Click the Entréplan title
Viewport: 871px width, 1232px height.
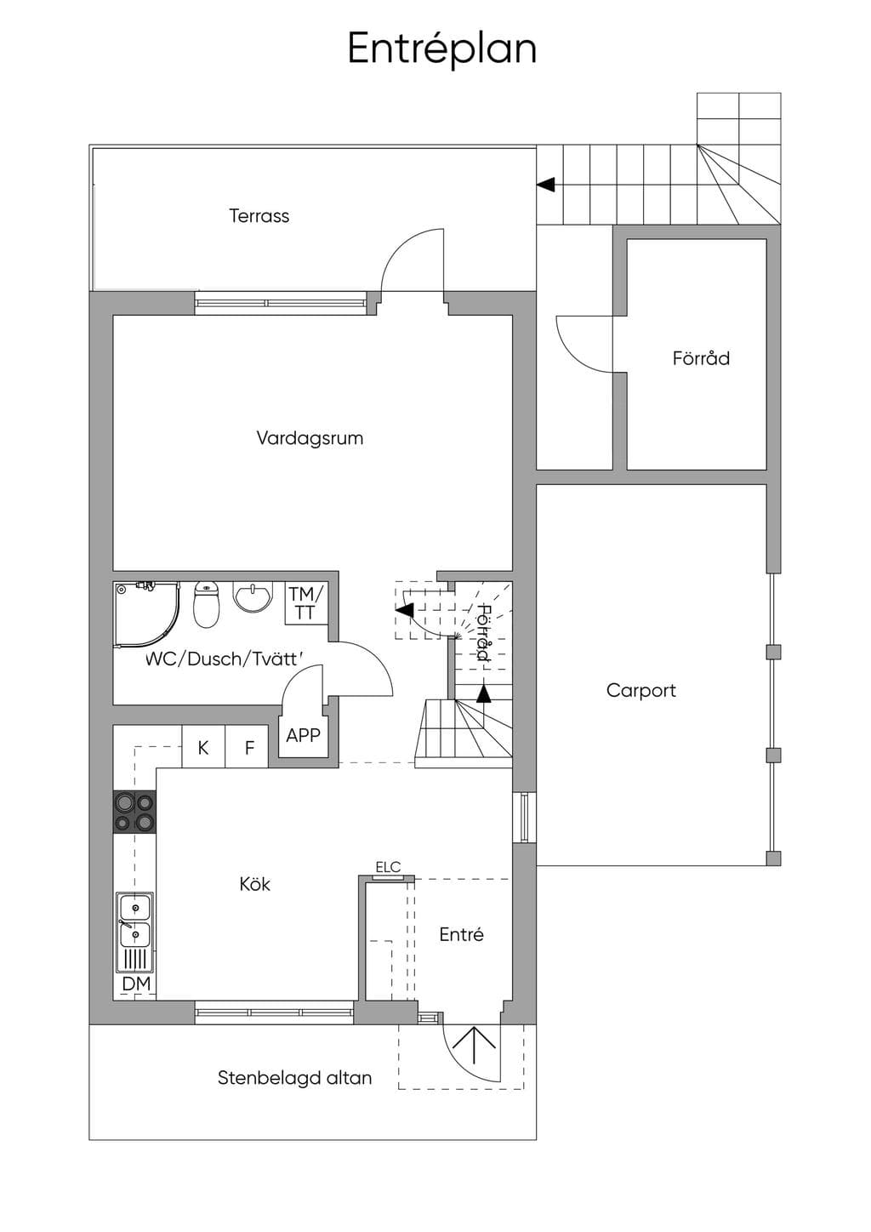coord(442,49)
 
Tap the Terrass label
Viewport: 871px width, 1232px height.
coord(259,215)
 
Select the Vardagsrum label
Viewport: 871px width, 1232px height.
coord(310,438)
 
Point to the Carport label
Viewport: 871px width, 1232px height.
coord(641,691)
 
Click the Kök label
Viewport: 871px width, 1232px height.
coord(254,884)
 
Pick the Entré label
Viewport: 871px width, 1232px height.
coord(461,934)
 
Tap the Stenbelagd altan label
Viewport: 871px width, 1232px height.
coord(295,1077)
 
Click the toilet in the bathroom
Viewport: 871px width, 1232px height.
coord(207,605)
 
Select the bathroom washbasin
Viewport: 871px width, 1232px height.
coord(253,596)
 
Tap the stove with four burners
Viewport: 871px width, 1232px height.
coord(134,811)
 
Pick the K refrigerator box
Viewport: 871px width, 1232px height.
coord(203,746)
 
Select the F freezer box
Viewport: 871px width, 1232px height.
coord(248,746)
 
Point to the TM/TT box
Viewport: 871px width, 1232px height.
coord(307,602)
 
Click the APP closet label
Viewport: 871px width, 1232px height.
coord(303,735)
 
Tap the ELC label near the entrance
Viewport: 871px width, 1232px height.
coord(388,867)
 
